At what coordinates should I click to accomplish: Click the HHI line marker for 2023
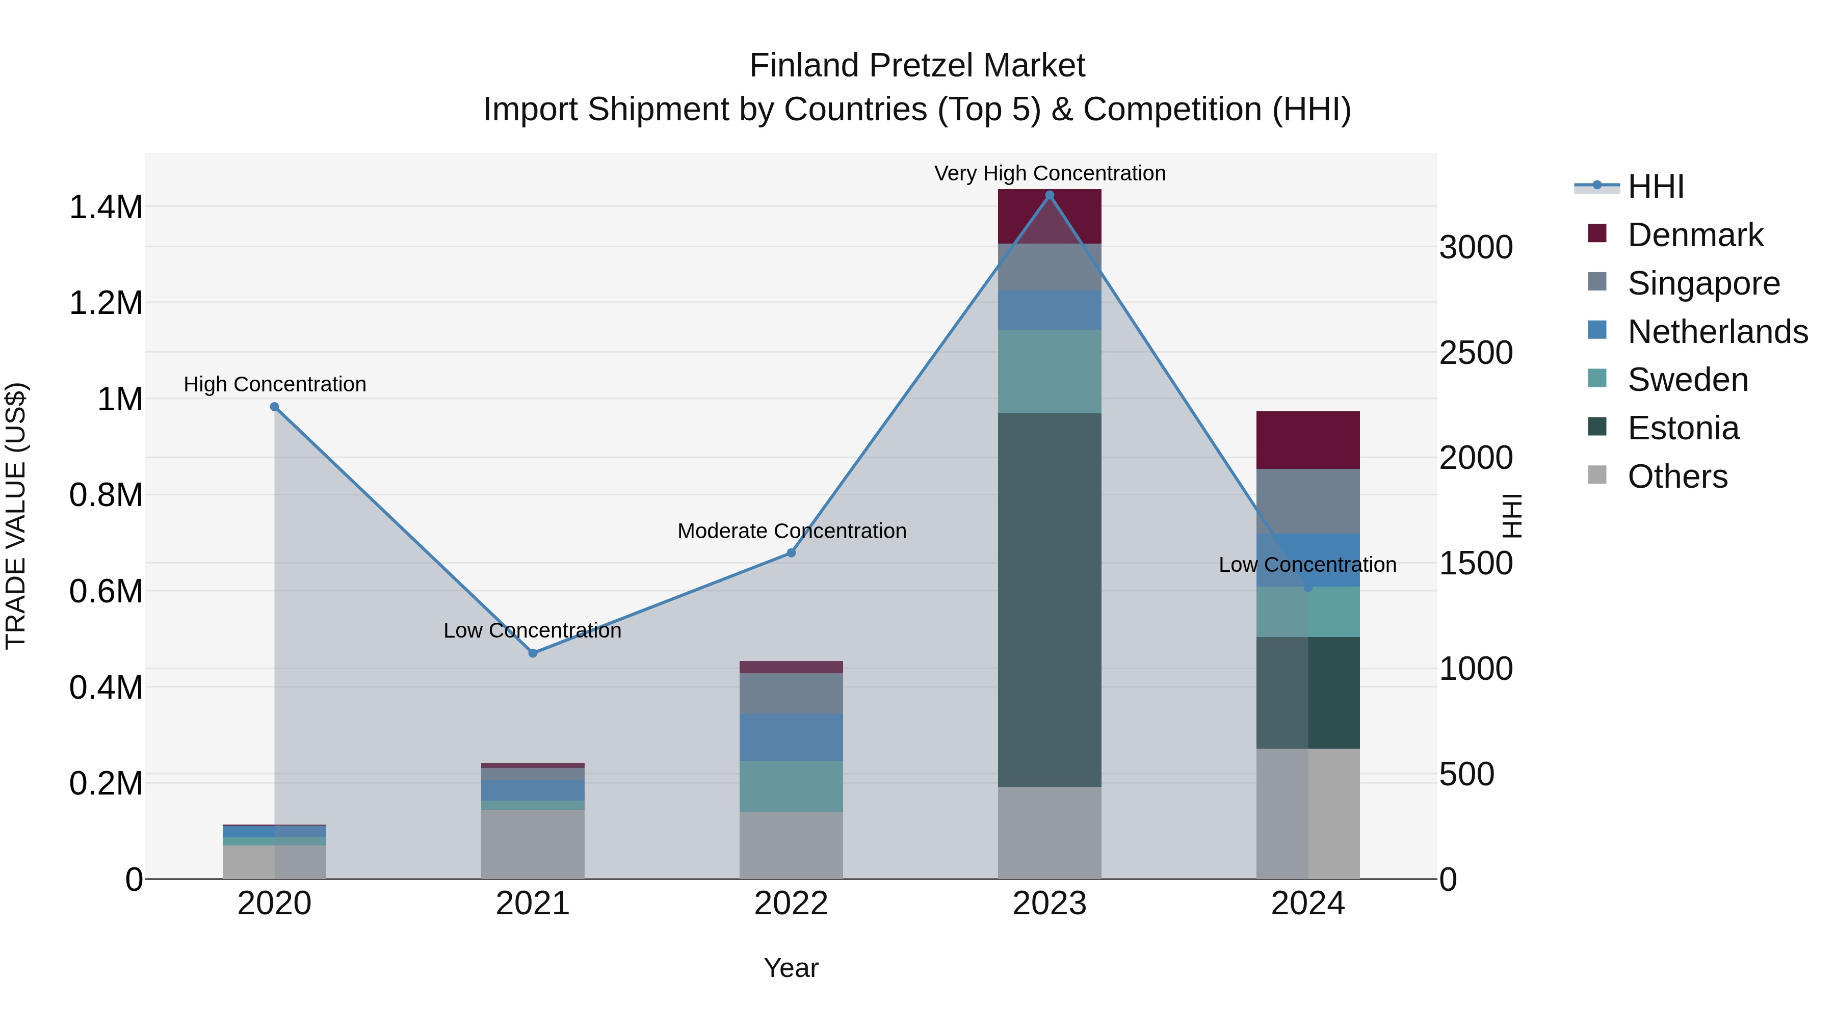click(1050, 195)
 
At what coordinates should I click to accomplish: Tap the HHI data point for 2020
click(274, 407)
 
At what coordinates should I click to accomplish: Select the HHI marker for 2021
click(533, 653)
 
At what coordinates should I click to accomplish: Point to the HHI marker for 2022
click(791, 552)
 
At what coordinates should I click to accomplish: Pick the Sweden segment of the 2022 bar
click(791, 786)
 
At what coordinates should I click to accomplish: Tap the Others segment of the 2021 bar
click(533, 844)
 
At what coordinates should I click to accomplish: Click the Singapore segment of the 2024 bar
click(1308, 500)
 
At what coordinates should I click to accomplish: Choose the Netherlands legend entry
click(1717, 332)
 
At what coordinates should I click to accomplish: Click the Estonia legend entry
click(1683, 428)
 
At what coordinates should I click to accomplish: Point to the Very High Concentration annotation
click(1050, 173)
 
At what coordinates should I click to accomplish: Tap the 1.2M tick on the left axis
click(106, 303)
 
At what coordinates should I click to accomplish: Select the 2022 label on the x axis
click(791, 904)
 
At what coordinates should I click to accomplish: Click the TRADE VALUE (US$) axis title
click(16, 516)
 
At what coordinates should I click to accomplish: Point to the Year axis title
click(791, 968)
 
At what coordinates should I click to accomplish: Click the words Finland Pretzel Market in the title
click(917, 66)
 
